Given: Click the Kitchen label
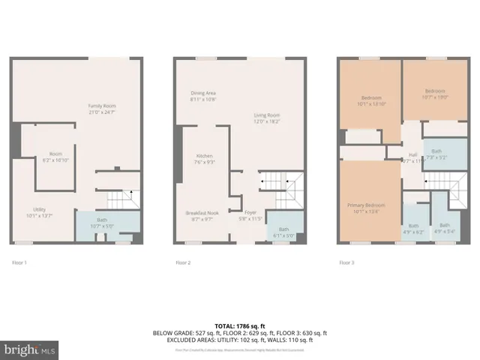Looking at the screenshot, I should (205, 158).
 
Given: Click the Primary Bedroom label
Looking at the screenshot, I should (366, 208).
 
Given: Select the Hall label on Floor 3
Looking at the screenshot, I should (412, 156).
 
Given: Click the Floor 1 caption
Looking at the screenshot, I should (19, 263).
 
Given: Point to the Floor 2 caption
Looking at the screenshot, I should (183, 263).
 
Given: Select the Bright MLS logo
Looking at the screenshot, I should (30, 349).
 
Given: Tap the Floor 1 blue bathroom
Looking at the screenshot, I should (107, 224).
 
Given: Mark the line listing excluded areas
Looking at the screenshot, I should (239, 340).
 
